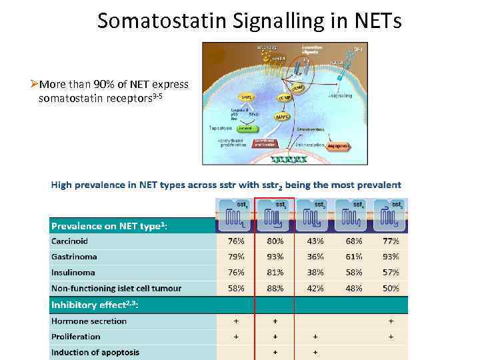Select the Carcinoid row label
69,241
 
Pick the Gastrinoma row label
74,256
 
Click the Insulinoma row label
73,272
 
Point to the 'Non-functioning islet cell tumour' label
116,288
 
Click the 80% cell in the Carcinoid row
275,241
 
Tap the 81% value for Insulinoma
275,272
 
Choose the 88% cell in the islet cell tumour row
275,288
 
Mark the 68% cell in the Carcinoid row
353,241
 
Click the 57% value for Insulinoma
391,272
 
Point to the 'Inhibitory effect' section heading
93,305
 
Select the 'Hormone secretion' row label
89,321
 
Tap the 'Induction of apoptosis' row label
95,352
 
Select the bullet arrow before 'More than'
34,84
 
